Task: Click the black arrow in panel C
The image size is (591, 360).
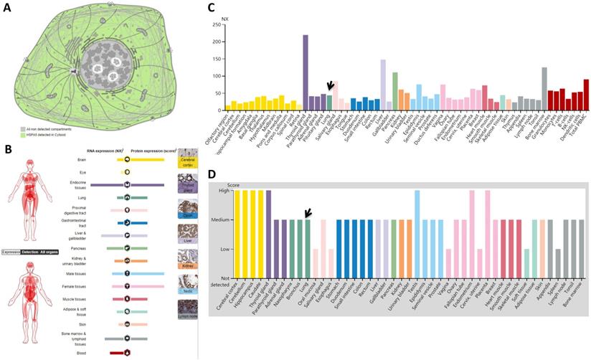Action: (x=329, y=87)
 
